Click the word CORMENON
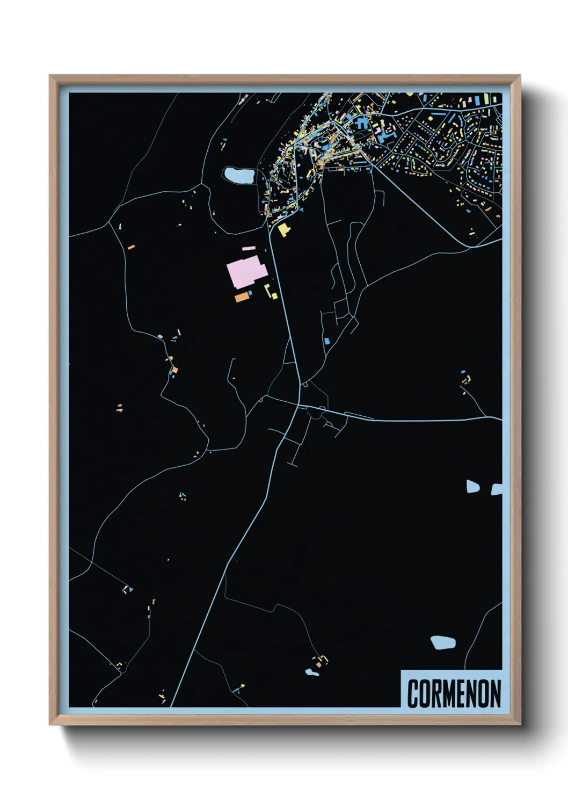(x=454, y=693)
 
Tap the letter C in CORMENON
(x=413, y=693)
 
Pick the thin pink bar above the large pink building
(x=249, y=248)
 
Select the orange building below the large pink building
(x=242, y=297)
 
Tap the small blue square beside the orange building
(x=251, y=293)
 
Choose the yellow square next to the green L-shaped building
(x=275, y=295)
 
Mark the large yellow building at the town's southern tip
(x=283, y=229)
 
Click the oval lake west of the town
(x=239, y=175)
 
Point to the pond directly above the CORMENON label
(x=443, y=642)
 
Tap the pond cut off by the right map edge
(x=497, y=489)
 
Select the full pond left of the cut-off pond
(x=472, y=487)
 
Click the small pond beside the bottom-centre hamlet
(x=311, y=672)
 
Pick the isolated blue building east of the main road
(x=327, y=341)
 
